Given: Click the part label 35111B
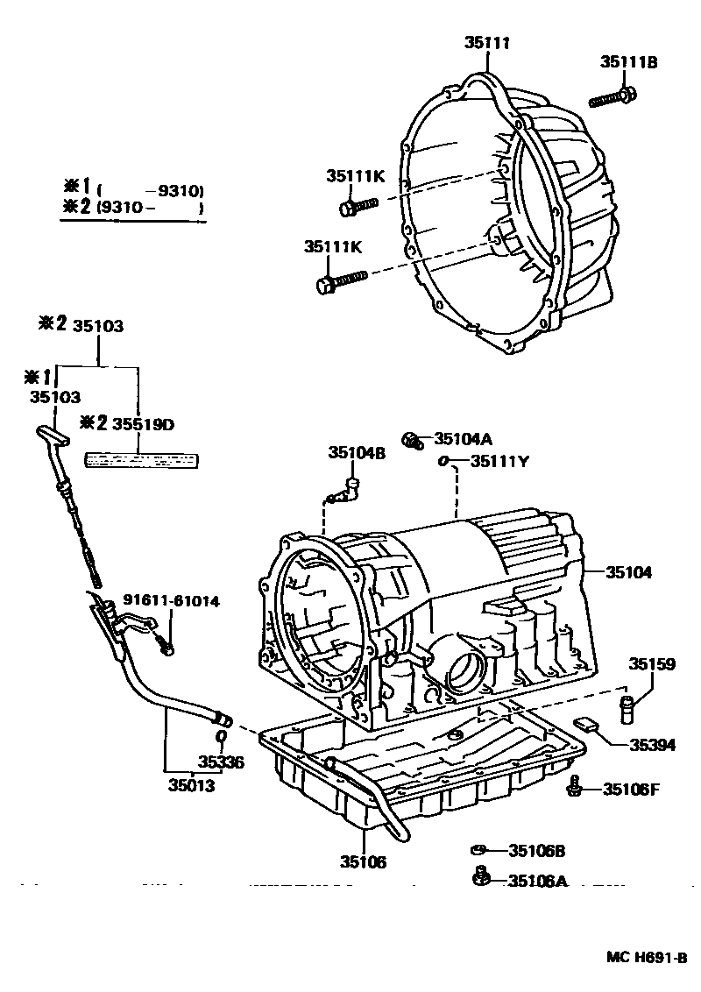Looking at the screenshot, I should click(x=628, y=61).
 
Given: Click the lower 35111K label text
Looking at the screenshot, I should click(x=333, y=247).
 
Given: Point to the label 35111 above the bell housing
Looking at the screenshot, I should click(x=487, y=42).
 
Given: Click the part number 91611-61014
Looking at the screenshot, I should click(x=171, y=600).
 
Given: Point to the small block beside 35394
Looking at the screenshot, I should click(x=585, y=724).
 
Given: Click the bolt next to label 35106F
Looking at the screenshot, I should click(x=574, y=786).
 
